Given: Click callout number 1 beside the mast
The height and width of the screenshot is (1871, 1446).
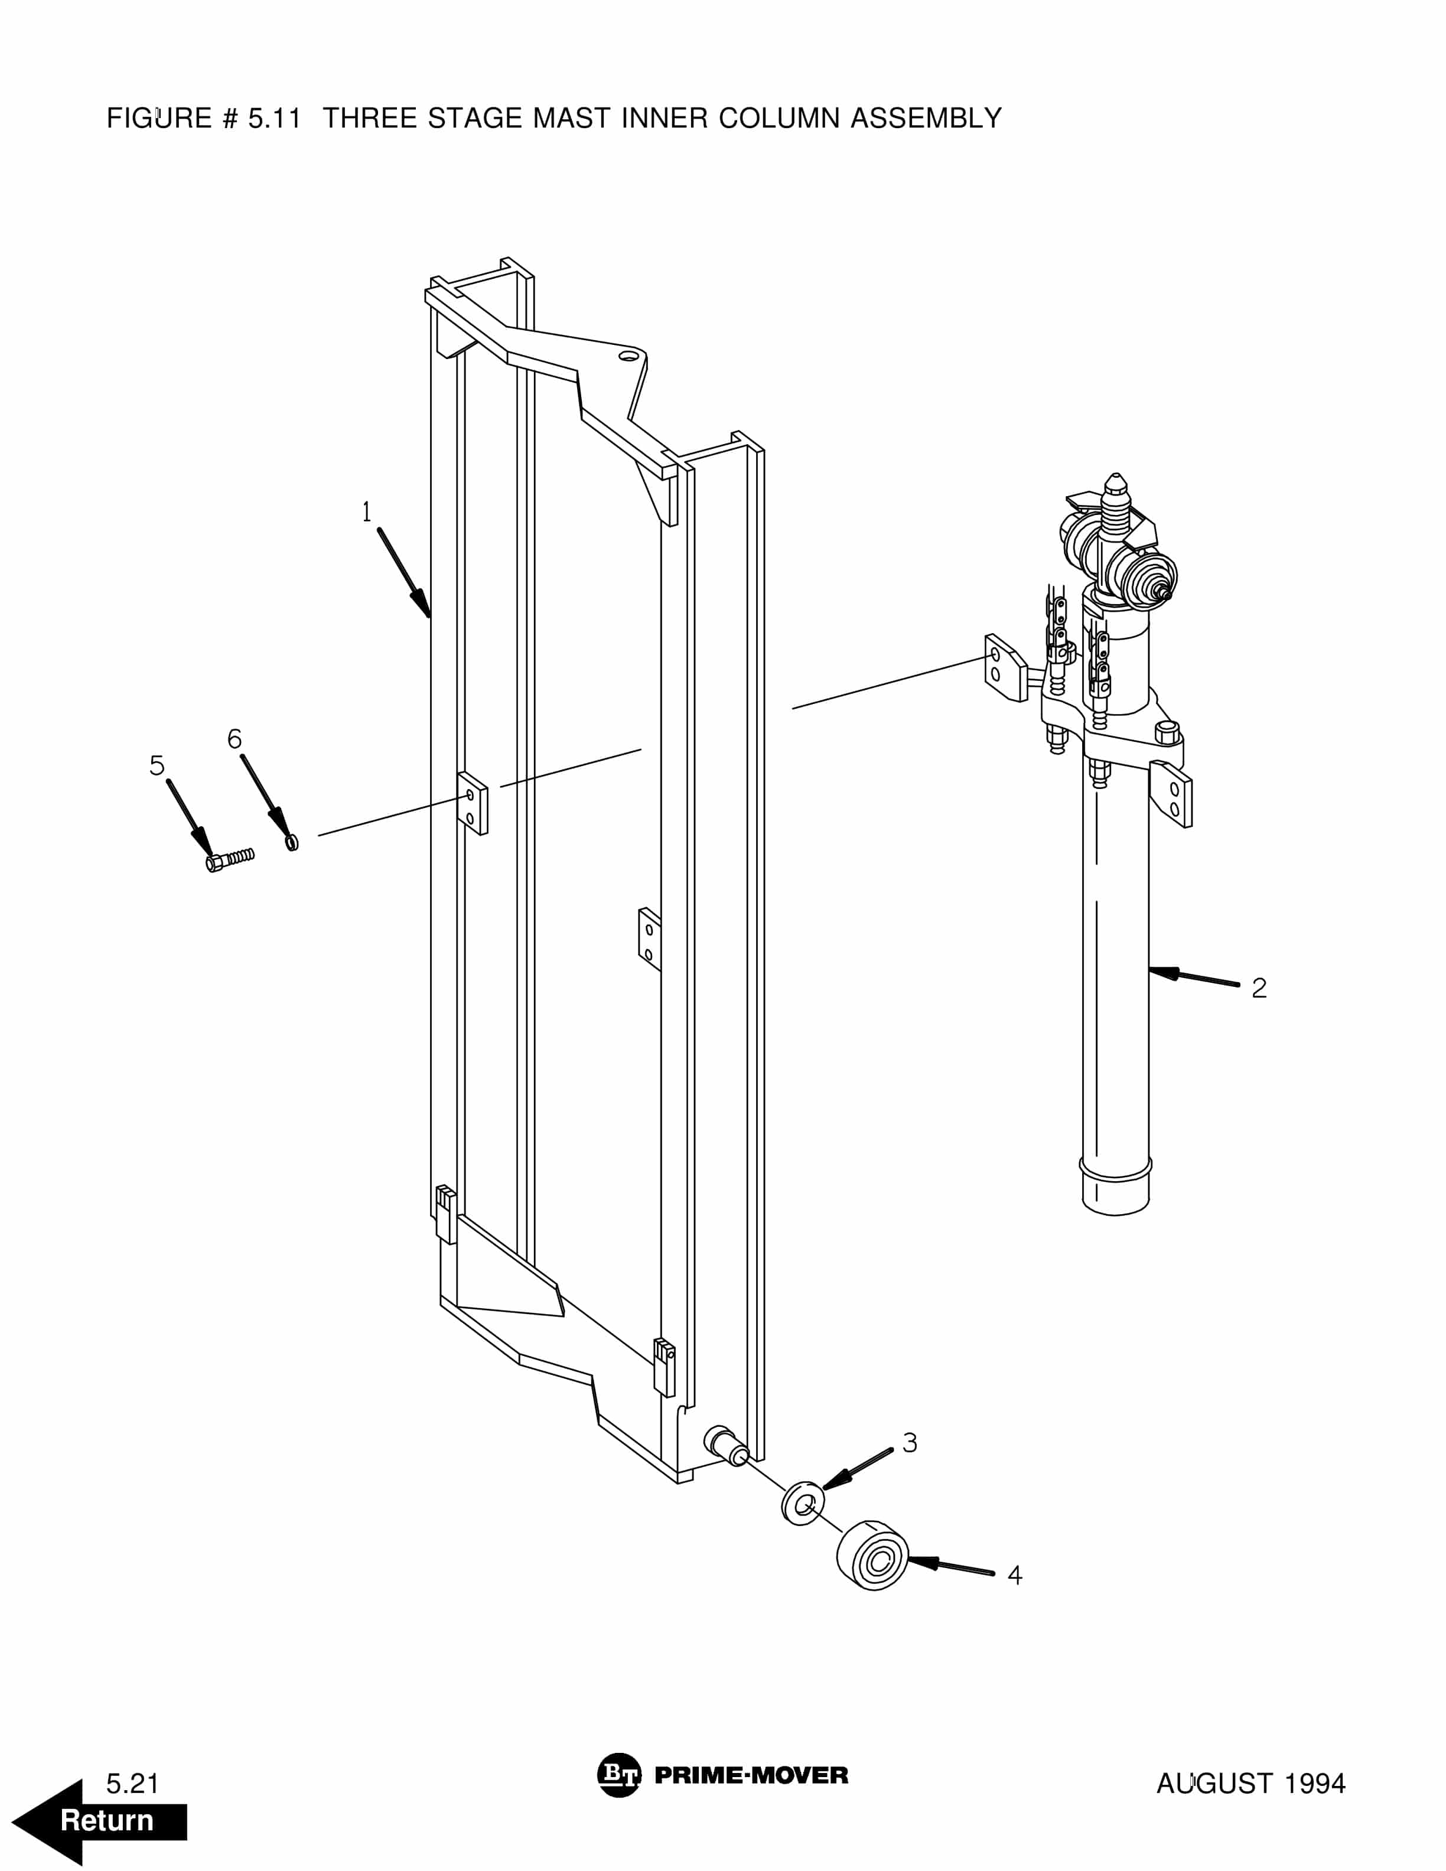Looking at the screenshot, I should pyautogui.click(x=367, y=512).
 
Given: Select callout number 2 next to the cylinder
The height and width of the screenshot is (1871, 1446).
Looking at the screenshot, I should pyautogui.click(x=1258, y=987).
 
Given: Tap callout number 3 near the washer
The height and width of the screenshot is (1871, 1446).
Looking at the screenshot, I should pyautogui.click(x=910, y=1443).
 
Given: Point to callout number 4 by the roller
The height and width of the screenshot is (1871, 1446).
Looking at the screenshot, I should pyautogui.click(x=1015, y=1575).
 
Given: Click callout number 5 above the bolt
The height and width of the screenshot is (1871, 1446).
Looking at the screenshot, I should pyautogui.click(x=157, y=765).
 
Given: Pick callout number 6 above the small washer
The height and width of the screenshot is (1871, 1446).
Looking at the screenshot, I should pyautogui.click(x=234, y=738).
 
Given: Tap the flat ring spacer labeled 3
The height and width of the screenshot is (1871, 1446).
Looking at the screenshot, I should pyautogui.click(x=803, y=1502).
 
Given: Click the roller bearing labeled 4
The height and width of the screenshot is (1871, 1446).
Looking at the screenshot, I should pyautogui.click(x=872, y=1556).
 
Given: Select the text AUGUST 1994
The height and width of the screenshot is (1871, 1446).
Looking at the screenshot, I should pyautogui.click(x=1250, y=1784).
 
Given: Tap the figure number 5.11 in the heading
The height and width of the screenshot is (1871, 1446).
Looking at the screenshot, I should pyautogui.click(x=274, y=118).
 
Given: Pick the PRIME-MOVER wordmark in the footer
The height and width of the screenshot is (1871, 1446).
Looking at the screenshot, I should pyautogui.click(x=751, y=1775).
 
